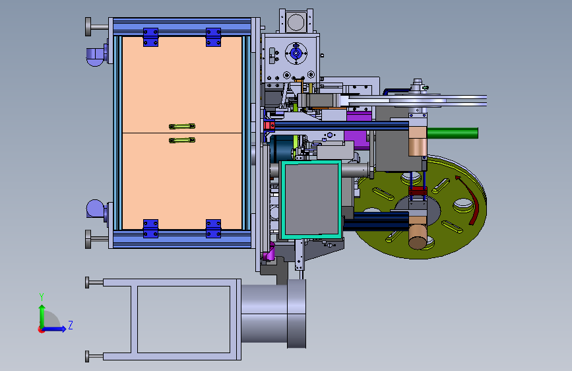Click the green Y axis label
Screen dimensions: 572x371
[42, 297]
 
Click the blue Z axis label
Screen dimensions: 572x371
[71, 325]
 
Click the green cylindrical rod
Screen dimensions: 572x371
[453, 133]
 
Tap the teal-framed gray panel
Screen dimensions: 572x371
[311, 200]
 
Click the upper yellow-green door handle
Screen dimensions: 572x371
[182, 126]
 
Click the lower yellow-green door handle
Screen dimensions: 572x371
[182, 140]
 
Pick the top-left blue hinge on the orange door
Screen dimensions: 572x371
[150, 37]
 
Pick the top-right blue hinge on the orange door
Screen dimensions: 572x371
[213, 37]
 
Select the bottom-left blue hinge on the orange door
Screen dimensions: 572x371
[150, 228]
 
